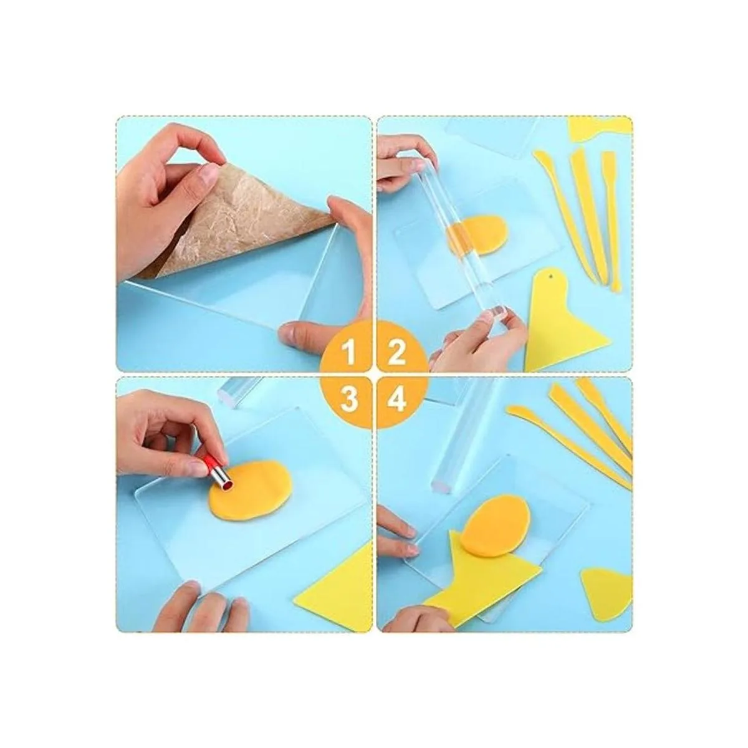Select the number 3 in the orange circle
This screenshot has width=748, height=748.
(350, 400)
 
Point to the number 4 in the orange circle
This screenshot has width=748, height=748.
(397, 400)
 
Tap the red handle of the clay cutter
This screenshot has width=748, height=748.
(209, 464)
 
